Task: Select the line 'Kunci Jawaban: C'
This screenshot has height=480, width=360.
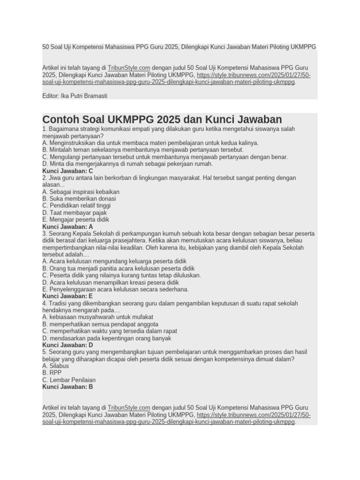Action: [x=67, y=171]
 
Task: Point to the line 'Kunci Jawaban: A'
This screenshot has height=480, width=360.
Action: [x=67, y=226]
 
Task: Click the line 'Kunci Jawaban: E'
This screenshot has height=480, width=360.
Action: [x=67, y=296]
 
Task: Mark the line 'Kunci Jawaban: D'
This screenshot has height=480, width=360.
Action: [x=67, y=345]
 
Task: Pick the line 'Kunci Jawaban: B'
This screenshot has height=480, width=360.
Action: [x=67, y=387]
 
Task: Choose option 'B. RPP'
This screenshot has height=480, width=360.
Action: [x=52, y=373]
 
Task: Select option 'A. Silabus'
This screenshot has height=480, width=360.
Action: [x=55, y=366]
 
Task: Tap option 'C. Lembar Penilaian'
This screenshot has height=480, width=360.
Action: [x=69, y=380]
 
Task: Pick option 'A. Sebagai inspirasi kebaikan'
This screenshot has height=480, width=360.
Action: [x=81, y=192]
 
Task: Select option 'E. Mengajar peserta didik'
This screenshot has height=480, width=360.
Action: [x=75, y=219]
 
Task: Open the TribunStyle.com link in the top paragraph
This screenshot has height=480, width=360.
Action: [x=129, y=67]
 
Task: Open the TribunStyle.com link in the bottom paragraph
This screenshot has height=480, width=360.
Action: [x=129, y=408]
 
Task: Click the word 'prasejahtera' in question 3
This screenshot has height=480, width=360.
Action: [x=124, y=240]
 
